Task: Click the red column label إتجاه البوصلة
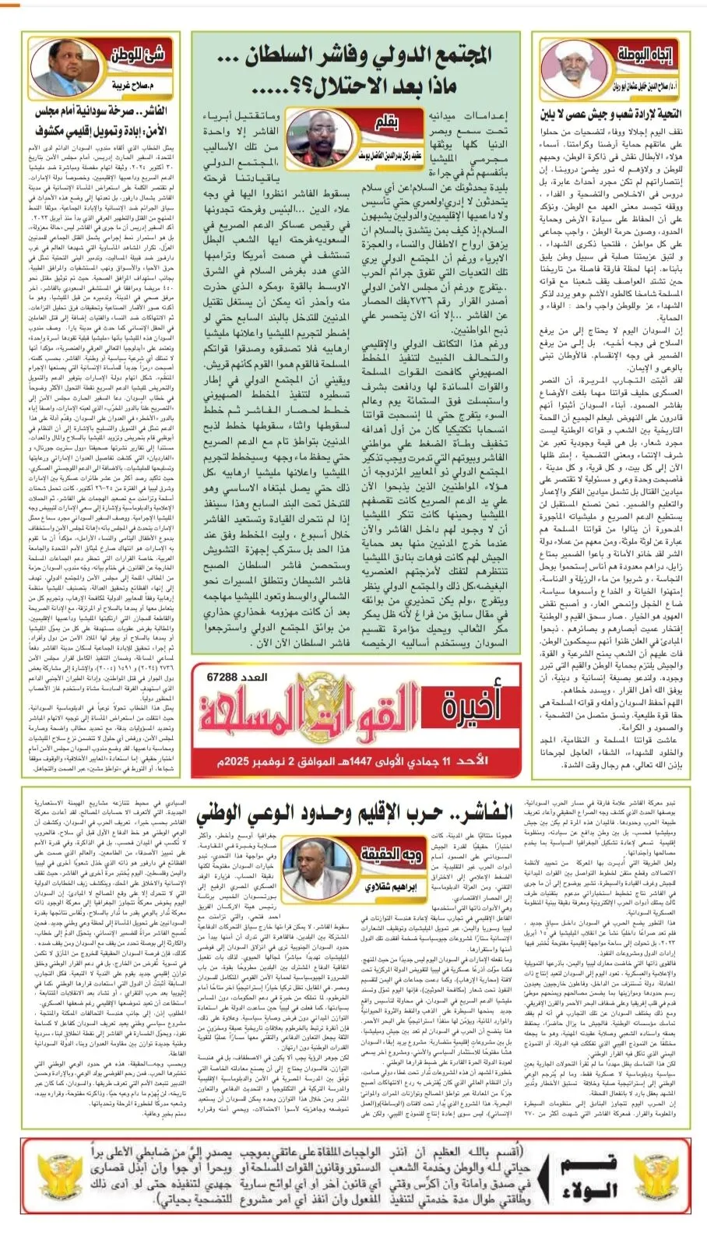coord(645,55)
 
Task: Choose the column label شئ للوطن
coord(138,55)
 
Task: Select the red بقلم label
coord(386,123)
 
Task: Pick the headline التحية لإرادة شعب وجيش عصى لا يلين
coord(610,114)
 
